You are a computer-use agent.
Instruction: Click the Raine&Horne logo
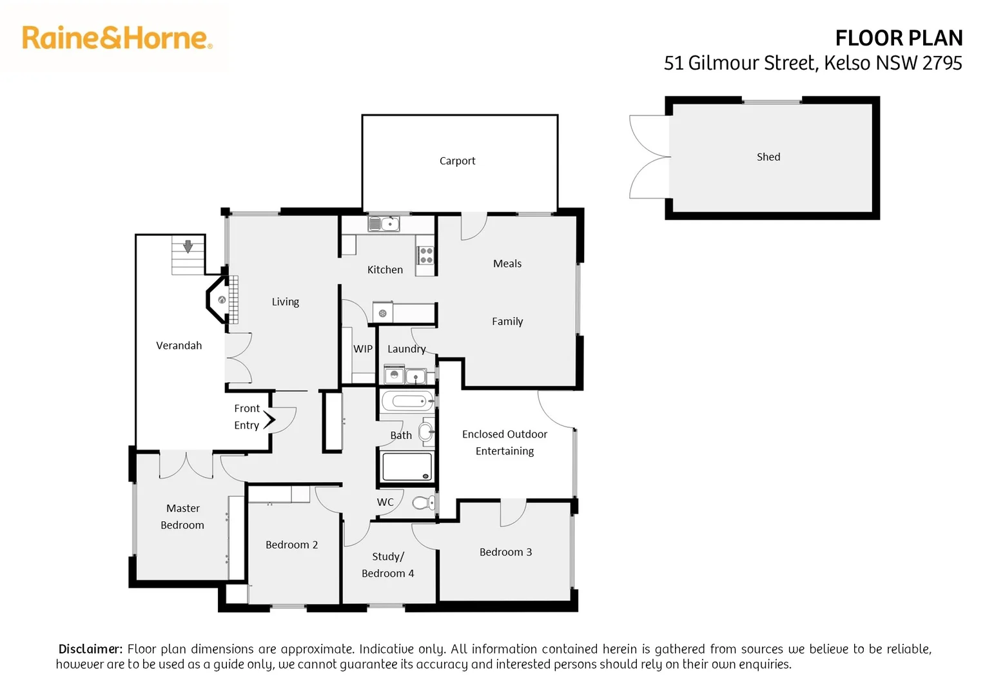tap(117, 39)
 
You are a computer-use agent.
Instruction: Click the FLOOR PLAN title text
tap(898, 39)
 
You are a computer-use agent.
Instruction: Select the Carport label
tap(457, 161)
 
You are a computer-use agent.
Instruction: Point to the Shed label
tap(768, 157)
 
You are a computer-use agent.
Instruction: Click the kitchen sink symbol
tap(384, 224)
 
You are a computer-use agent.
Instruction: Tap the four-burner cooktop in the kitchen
tap(426, 255)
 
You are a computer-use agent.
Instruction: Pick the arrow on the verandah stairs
tap(188, 246)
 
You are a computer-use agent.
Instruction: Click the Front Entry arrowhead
tap(269, 420)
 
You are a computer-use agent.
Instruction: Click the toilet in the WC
tap(424, 503)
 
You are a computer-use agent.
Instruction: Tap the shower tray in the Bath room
tap(407, 467)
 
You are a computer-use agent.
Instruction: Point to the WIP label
tap(363, 349)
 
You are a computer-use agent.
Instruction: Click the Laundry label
tap(406, 349)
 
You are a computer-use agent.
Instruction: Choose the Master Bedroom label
tap(182, 517)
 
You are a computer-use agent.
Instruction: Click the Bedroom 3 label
tap(505, 552)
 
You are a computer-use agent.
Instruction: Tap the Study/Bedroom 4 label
tap(388, 565)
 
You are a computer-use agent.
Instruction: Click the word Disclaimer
tap(90, 649)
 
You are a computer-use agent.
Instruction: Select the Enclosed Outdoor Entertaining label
tap(505, 443)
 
